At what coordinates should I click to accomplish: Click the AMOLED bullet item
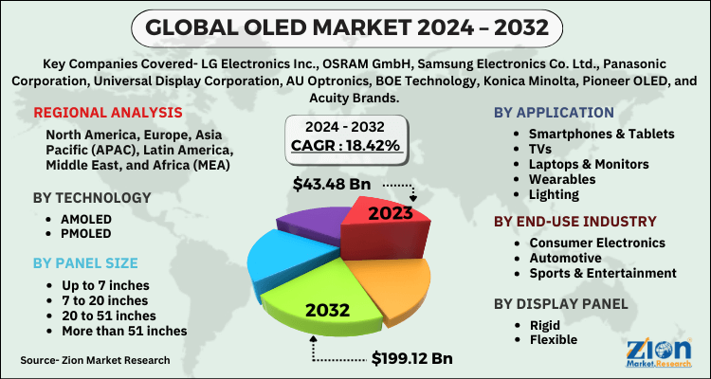pyautogui.click(x=72, y=218)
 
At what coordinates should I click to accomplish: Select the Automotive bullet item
pyautogui.click(x=565, y=258)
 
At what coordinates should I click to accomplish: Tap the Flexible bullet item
pyautogui.click(x=554, y=338)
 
